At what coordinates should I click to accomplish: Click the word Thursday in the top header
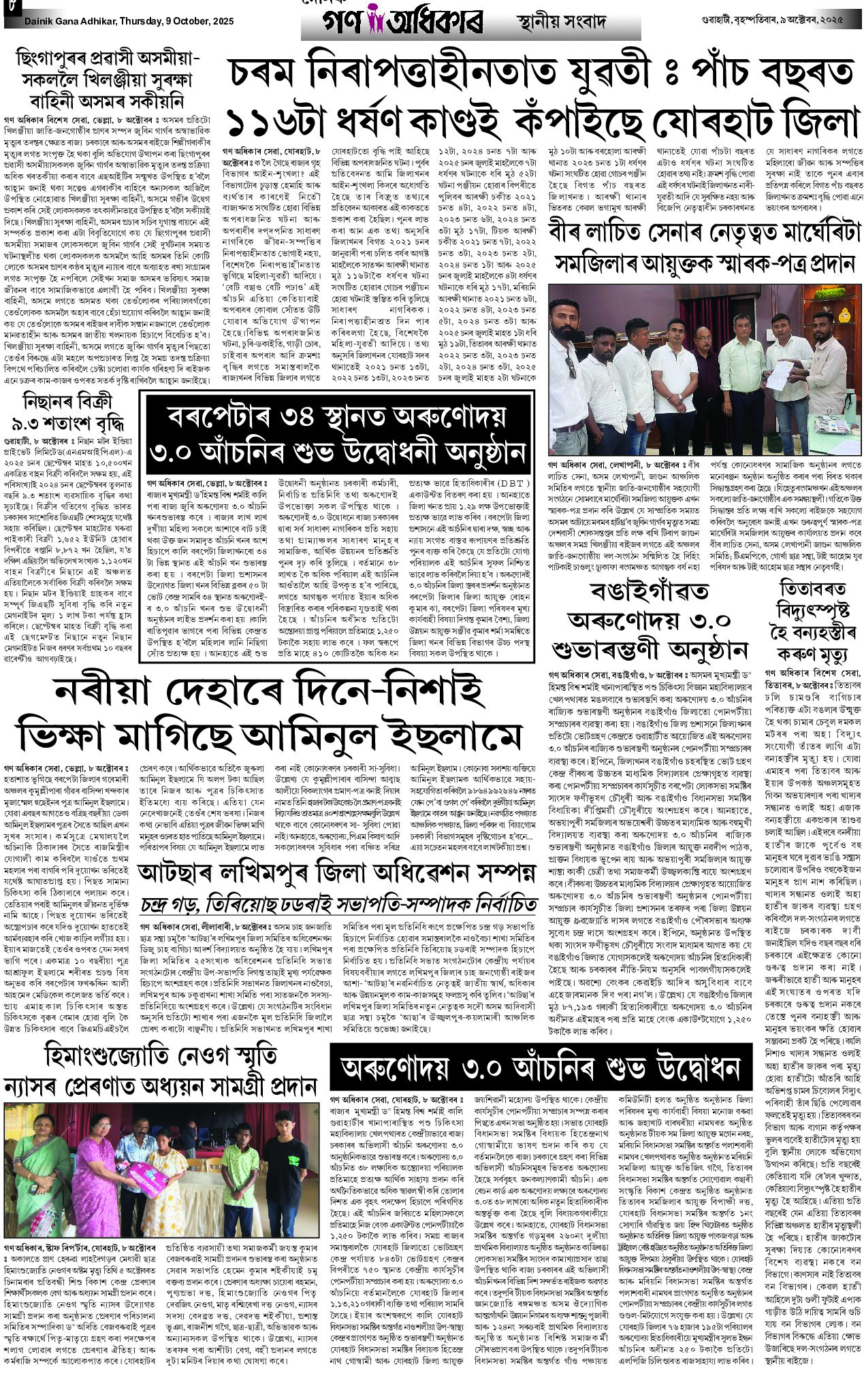coord(140,21)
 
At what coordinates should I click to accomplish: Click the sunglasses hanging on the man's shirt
coord(571,367)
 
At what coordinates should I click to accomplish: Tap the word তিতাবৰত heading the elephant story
coord(813,589)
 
